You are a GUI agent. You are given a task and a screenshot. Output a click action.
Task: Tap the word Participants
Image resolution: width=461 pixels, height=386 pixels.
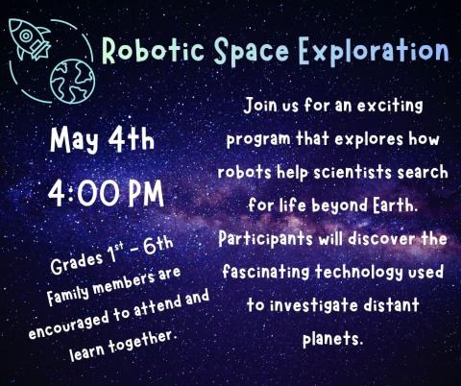[270, 237]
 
